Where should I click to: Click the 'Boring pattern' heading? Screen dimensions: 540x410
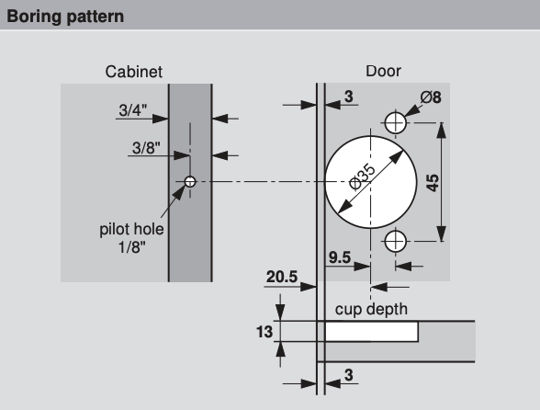coord(65,17)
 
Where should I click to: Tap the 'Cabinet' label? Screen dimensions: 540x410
coord(134,72)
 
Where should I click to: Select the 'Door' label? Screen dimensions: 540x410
coord(383,71)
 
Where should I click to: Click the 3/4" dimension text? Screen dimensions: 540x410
coord(132,110)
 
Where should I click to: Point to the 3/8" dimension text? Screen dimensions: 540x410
coord(146,148)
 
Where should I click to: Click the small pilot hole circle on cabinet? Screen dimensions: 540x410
coord(190,181)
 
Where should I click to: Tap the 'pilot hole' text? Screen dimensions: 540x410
coord(131,229)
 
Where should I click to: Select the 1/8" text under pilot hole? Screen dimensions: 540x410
coord(132,247)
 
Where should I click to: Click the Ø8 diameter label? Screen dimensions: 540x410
coord(431,97)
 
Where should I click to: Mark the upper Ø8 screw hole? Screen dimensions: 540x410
coord(395,122)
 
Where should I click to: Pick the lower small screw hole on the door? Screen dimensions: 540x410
coord(395,242)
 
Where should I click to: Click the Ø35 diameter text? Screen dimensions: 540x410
coord(362,177)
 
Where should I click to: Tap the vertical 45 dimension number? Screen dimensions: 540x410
coord(433,183)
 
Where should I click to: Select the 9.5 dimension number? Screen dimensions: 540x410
coord(340,257)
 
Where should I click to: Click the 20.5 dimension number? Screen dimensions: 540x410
coord(282,277)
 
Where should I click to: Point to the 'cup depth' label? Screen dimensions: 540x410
coord(371,309)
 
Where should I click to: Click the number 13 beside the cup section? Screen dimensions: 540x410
coord(264,332)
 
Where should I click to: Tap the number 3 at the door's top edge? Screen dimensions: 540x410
coord(349,97)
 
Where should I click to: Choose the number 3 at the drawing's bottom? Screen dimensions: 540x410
coord(349,375)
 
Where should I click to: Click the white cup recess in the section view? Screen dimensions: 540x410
coord(372,332)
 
